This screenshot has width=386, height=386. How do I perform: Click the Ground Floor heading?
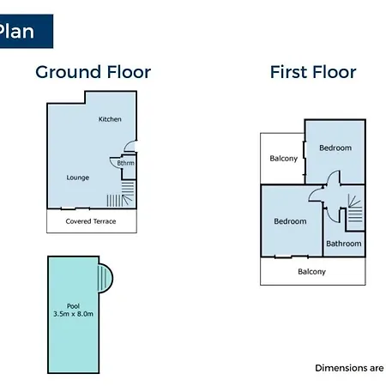click(93, 72)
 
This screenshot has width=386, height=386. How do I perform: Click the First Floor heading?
click(313, 72)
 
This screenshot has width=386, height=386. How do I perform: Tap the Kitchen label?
click(110, 119)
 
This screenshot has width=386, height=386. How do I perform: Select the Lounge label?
click(78, 178)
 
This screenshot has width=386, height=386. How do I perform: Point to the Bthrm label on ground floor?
click(125, 163)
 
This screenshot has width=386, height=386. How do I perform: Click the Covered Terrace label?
click(91, 221)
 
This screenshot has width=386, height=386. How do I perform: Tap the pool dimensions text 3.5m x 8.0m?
click(73, 314)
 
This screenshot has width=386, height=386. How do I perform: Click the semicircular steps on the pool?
click(106, 279)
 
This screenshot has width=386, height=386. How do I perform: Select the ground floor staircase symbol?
click(121, 194)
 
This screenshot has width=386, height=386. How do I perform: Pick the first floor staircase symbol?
click(355, 208)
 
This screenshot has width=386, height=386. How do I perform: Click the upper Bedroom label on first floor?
click(335, 148)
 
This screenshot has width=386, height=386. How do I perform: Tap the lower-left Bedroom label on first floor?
click(290, 221)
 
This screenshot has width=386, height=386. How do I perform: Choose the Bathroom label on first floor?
click(344, 244)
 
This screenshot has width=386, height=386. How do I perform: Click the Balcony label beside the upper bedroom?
click(284, 159)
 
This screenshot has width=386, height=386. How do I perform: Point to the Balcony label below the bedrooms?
click(311, 272)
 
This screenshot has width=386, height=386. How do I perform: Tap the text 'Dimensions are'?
click(349, 368)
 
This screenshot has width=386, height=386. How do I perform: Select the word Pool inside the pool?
click(73, 306)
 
